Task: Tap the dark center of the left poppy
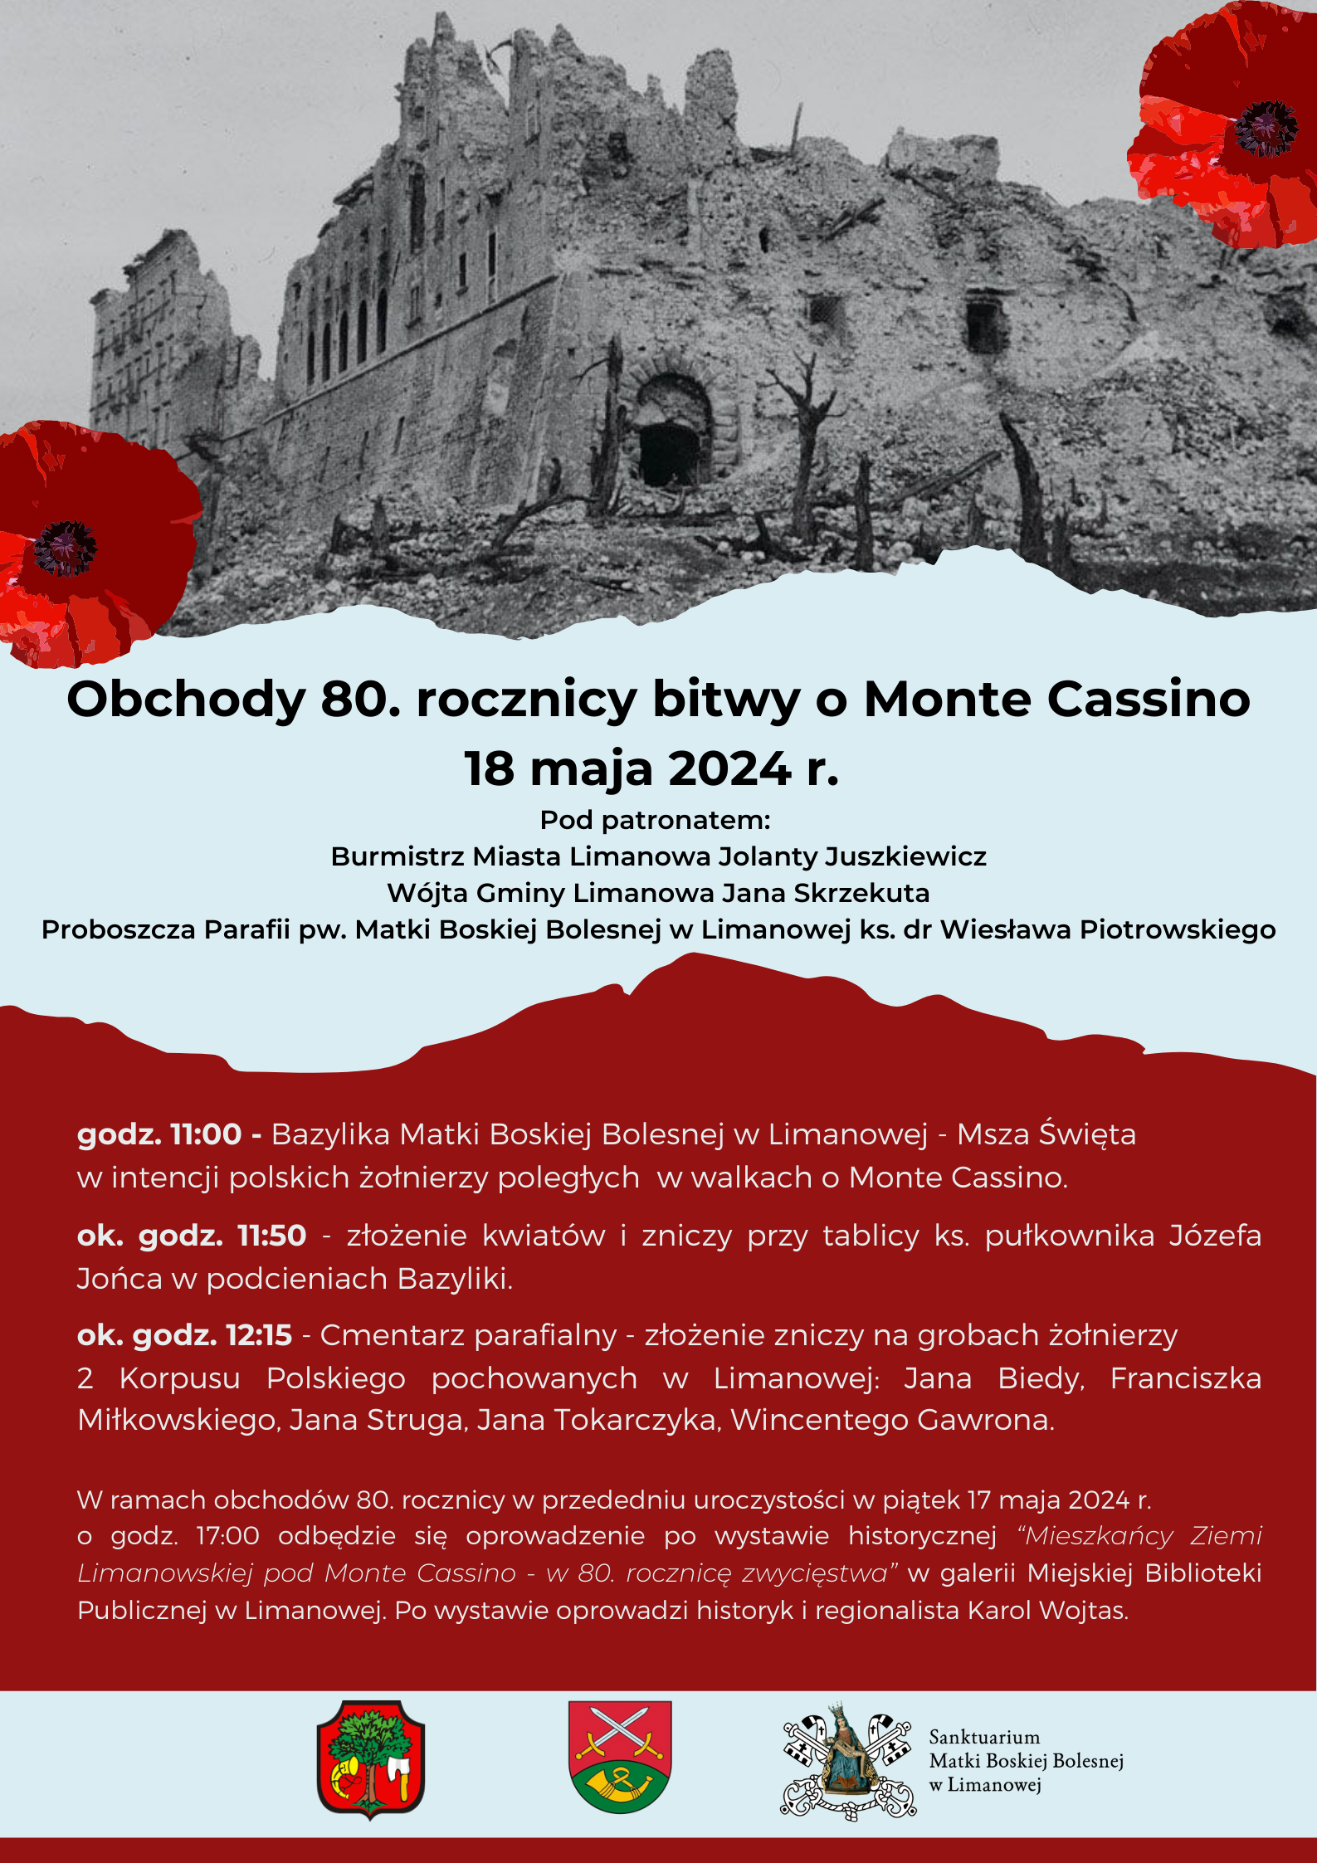tap(65, 548)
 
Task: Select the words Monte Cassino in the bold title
tap(1056, 699)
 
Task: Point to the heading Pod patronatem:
tap(656, 820)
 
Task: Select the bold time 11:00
tap(206, 1134)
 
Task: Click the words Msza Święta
tap(1046, 1134)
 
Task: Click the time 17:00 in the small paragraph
tap(227, 1536)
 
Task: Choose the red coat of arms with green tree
tap(371, 1758)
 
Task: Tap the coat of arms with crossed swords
tap(620, 1757)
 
